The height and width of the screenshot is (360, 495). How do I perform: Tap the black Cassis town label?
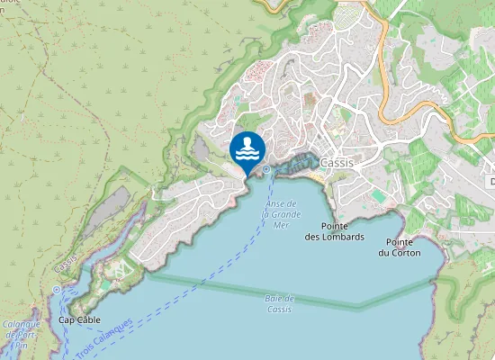tap(337, 163)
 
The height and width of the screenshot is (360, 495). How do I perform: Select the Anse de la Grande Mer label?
tap(281, 214)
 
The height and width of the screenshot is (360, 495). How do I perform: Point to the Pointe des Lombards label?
tap(334, 231)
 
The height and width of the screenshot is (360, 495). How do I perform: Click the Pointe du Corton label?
tap(399, 247)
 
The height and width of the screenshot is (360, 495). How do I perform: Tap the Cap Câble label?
tap(79, 319)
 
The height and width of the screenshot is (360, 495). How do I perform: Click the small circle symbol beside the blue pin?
tap(267, 168)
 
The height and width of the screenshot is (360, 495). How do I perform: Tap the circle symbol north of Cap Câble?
tap(56, 290)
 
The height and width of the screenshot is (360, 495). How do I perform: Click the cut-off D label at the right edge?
tap(491, 182)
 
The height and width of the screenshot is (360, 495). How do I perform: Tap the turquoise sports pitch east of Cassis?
tap(378, 195)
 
